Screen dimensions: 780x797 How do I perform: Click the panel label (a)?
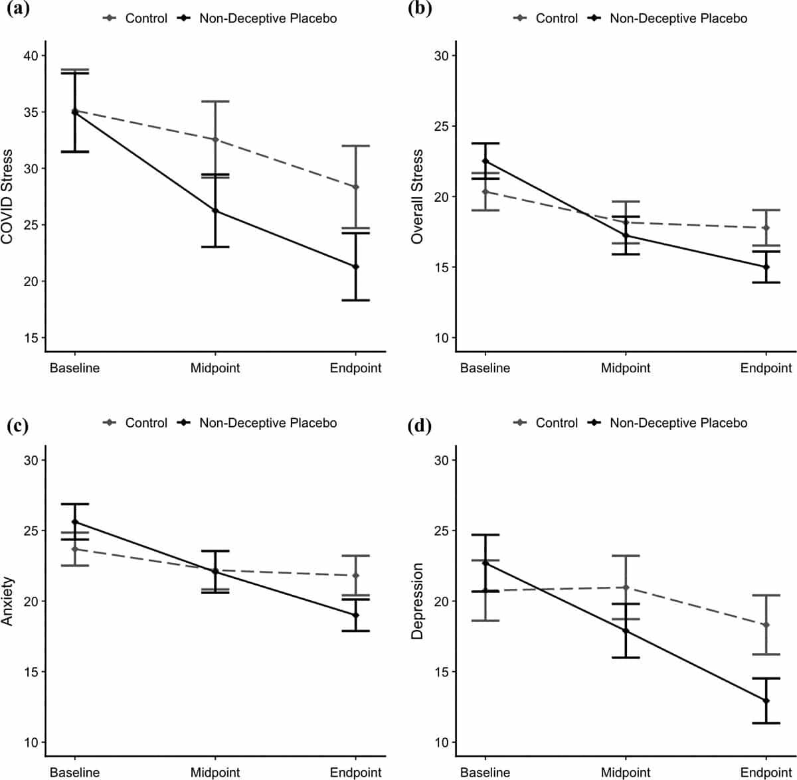(17, 10)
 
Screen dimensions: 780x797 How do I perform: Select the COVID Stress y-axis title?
(7, 197)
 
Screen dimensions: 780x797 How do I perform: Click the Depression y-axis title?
(417, 601)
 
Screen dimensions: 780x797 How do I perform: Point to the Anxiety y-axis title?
(7, 601)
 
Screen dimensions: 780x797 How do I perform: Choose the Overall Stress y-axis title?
(417, 197)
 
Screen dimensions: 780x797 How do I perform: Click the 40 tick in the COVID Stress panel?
(31, 56)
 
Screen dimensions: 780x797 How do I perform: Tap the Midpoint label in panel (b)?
(626, 368)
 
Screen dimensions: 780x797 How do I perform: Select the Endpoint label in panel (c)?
(355, 772)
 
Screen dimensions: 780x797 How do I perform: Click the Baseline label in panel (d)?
(485, 772)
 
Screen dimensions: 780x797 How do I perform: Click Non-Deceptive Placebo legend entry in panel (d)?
(677, 423)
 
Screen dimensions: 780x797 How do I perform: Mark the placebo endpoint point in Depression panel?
(766, 700)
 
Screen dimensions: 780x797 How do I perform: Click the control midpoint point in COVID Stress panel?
(215, 139)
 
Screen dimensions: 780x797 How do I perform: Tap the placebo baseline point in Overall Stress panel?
(485, 161)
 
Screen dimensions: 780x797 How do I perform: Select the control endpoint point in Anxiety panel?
(355, 576)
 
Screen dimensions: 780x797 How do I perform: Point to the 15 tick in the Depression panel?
(441, 672)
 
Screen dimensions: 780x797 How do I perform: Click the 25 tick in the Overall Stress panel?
(441, 126)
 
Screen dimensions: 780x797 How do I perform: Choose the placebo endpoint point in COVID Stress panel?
(355, 267)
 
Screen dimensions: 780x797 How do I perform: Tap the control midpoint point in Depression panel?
(626, 587)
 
